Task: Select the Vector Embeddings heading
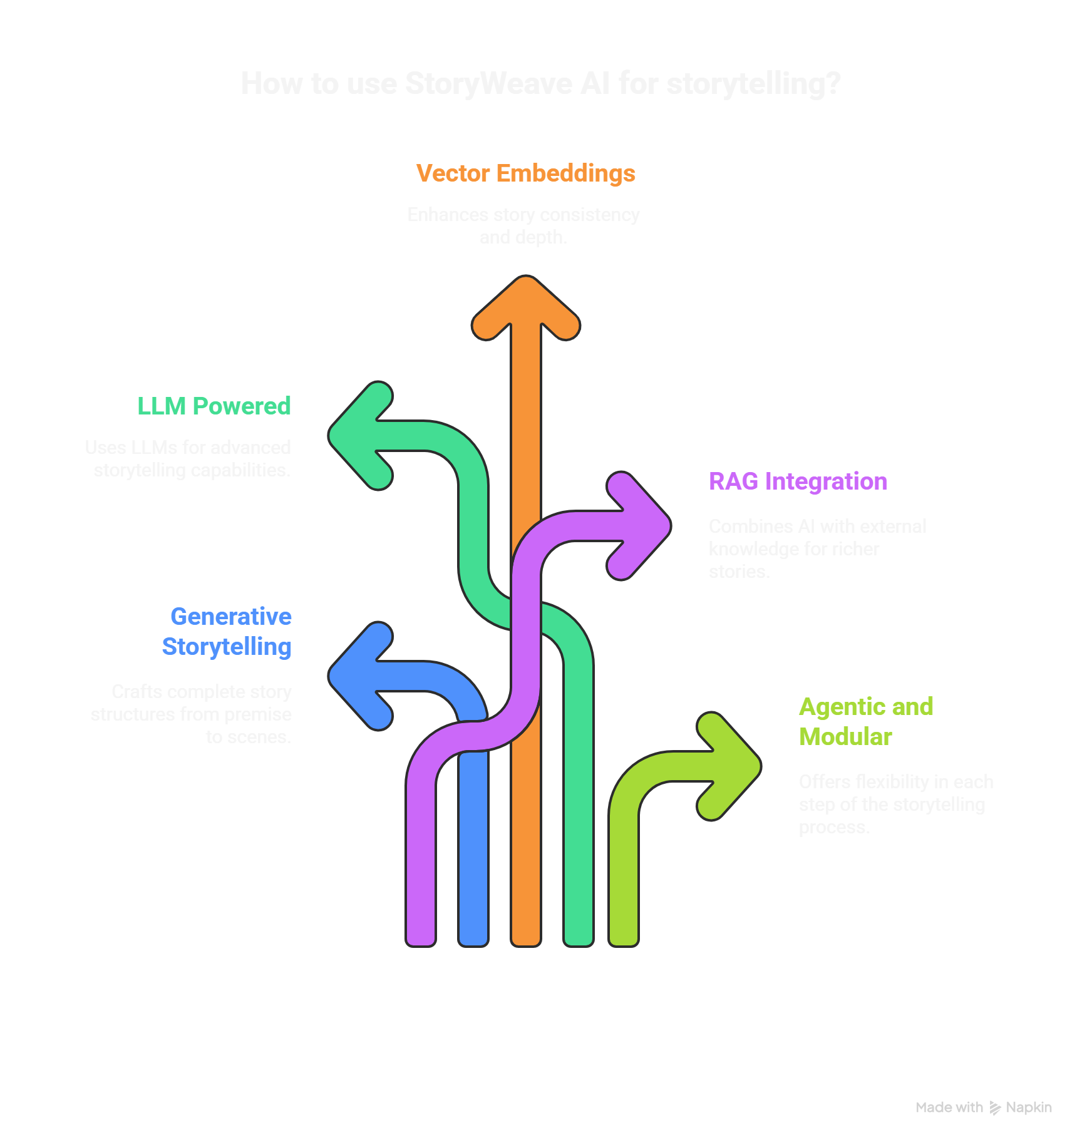coord(525,173)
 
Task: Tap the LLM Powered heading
coord(214,406)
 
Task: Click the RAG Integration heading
coord(798,481)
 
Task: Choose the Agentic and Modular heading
coord(866,721)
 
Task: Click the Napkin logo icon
coord(995,1108)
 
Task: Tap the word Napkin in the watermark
coord(1029,1108)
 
